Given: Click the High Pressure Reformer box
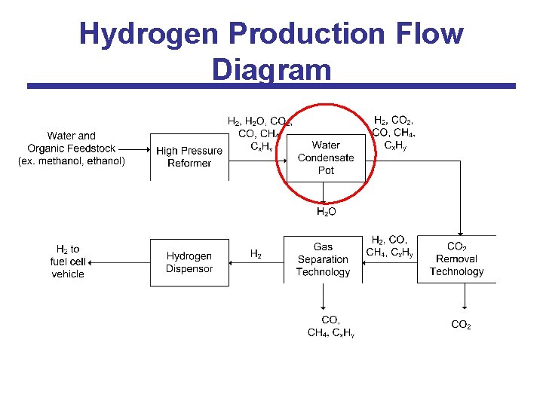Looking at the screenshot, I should pyautogui.click(x=189, y=157).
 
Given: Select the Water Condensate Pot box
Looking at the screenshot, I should pyautogui.click(x=326, y=158).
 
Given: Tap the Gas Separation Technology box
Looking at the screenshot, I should pyautogui.click(x=323, y=259).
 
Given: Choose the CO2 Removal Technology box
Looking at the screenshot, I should pyautogui.click(x=456, y=259).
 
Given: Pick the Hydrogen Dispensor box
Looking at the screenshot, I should pyautogui.click(x=189, y=262).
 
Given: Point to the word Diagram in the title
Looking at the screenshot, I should pyautogui.click(x=271, y=69).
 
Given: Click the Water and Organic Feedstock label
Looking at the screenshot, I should pyautogui.click(x=72, y=148).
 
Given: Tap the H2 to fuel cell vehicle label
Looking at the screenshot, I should pyautogui.click(x=68, y=262).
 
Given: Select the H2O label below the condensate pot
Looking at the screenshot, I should pyautogui.click(x=326, y=213).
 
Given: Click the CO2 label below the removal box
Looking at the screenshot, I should pyautogui.click(x=461, y=325).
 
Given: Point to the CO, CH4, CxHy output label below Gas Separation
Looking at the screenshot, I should pyautogui.click(x=330, y=326).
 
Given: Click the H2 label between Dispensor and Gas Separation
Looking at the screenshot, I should pyautogui.click(x=256, y=255).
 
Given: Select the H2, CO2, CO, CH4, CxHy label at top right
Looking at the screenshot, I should pyautogui.click(x=393, y=132).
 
